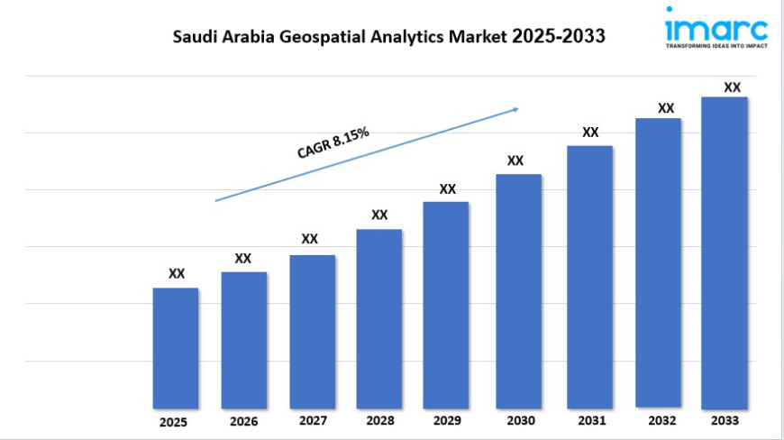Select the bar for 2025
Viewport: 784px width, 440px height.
click(x=176, y=347)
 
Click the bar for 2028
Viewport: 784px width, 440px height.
click(x=378, y=318)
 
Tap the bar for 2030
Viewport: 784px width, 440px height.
click(x=518, y=290)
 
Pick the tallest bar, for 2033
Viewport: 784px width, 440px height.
click(x=725, y=252)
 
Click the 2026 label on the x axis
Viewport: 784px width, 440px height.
click(x=243, y=421)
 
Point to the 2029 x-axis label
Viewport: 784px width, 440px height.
click(x=447, y=420)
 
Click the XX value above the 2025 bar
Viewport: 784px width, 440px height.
click(x=177, y=273)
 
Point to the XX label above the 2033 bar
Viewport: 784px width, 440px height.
click(x=733, y=87)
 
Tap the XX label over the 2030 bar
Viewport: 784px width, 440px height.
click(x=515, y=160)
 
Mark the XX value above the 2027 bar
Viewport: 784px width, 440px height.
click(x=309, y=239)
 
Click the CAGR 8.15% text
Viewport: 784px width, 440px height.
click(x=333, y=143)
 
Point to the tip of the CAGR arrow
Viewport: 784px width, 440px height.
click(x=519, y=108)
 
